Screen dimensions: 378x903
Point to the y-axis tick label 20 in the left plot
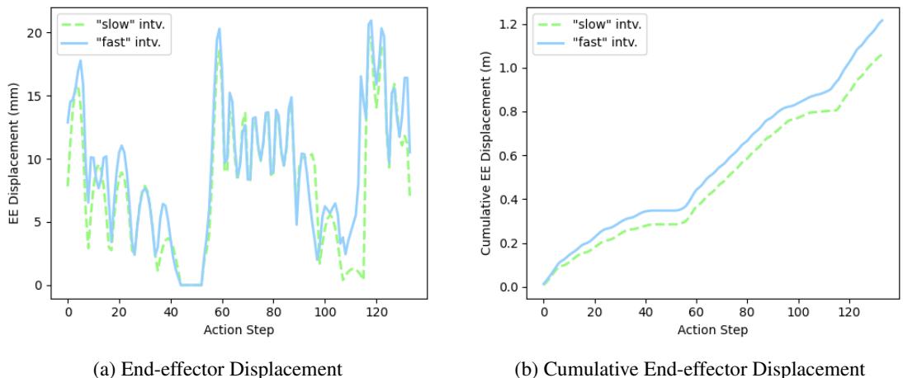[40, 33]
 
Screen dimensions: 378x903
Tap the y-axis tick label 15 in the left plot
[40, 97]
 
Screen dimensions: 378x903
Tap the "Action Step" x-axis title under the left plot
[238, 330]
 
